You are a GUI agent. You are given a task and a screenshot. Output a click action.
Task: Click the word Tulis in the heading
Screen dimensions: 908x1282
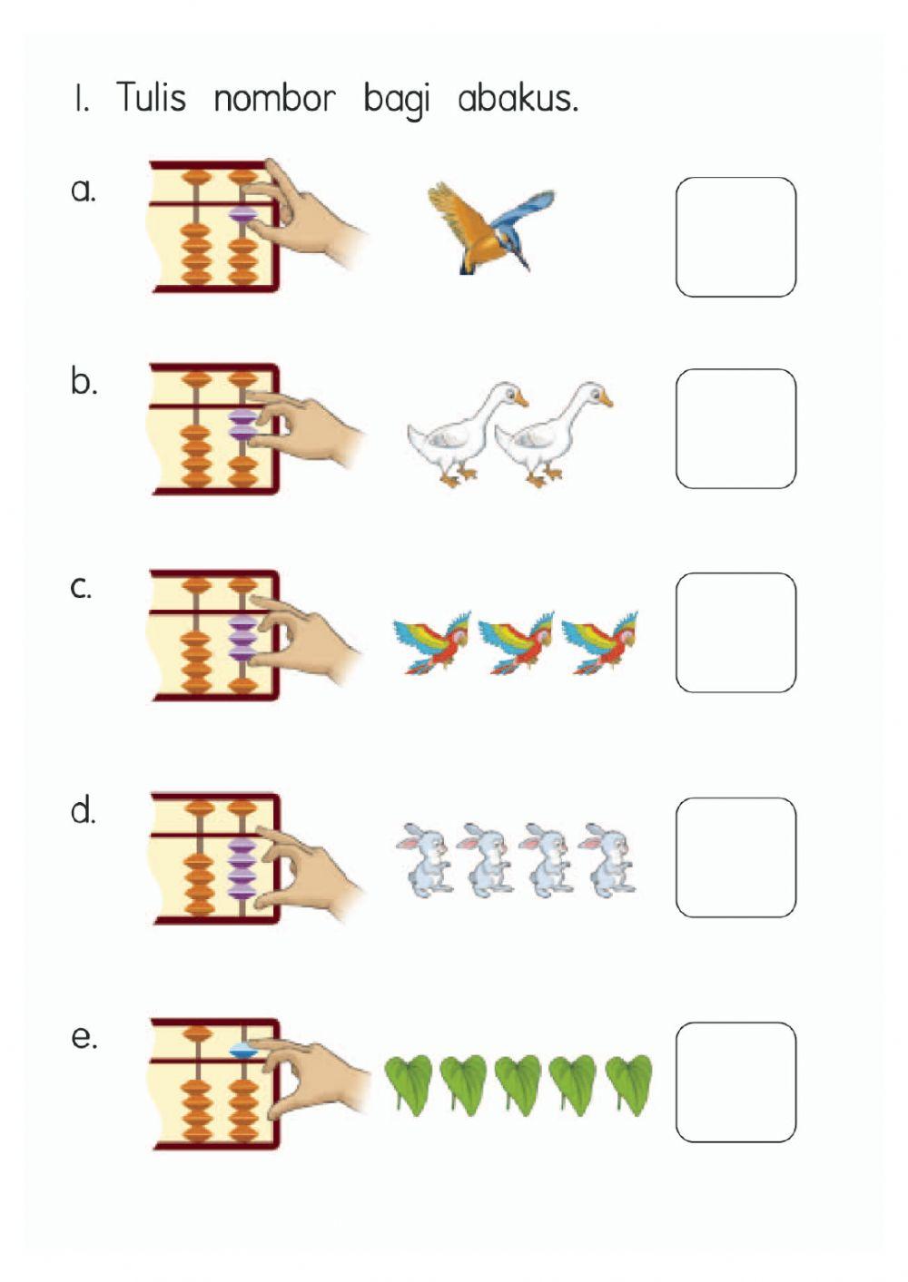click(x=152, y=97)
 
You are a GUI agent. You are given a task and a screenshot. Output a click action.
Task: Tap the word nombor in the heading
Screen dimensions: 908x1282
click(x=274, y=98)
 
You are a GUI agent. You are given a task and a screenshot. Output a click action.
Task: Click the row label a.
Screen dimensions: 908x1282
click(x=84, y=191)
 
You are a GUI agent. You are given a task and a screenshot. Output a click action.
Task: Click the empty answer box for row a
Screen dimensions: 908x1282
click(x=735, y=237)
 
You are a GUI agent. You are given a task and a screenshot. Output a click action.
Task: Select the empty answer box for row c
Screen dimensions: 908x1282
click(x=735, y=632)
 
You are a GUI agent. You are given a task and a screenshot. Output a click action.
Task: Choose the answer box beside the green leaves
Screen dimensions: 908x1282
click(x=735, y=1082)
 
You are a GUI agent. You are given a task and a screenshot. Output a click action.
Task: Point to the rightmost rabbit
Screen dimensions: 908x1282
click(x=607, y=859)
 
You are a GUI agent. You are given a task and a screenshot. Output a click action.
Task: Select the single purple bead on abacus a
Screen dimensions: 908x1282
click(x=243, y=215)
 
